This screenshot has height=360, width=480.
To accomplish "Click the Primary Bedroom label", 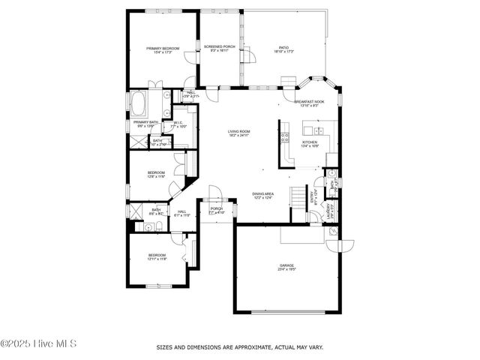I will coord(163,49).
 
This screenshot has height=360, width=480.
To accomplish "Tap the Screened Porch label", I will coord(220,46).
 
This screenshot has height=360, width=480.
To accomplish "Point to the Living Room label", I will coord(239,131).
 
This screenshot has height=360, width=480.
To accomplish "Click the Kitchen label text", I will coord(310,142).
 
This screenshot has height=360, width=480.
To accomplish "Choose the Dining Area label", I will coord(262,193).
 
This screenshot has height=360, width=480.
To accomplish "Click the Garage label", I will coord(286,265).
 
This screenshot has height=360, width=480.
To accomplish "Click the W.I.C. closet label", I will coord(178,123).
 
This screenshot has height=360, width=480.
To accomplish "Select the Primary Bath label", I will coord(145,121).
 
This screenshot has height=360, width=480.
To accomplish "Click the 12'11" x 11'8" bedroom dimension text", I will coord(157,259).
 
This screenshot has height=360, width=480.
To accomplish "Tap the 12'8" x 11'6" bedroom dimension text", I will coord(156,177).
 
